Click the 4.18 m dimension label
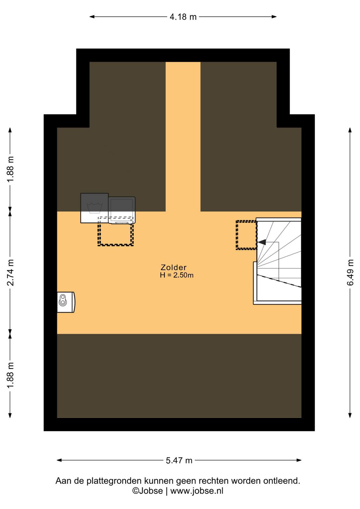[x=183, y=17]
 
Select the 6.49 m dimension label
[x=350, y=272]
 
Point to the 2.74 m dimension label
[x=11, y=272]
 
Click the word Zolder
[x=174, y=268]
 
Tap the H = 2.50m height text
[x=177, y=275]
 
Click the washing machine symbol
[x=94, y=208]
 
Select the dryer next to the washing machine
[x=122, y=210]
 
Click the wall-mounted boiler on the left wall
[x=66, y=302]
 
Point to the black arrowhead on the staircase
[x=262, y=242]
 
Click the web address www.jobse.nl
[x=197, y=491]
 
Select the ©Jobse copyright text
[x=148, y=491]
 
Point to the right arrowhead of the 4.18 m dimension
[x=274, y=17]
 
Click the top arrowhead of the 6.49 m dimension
[x=350, y=130]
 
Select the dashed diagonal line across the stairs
[x=279, y=281]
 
